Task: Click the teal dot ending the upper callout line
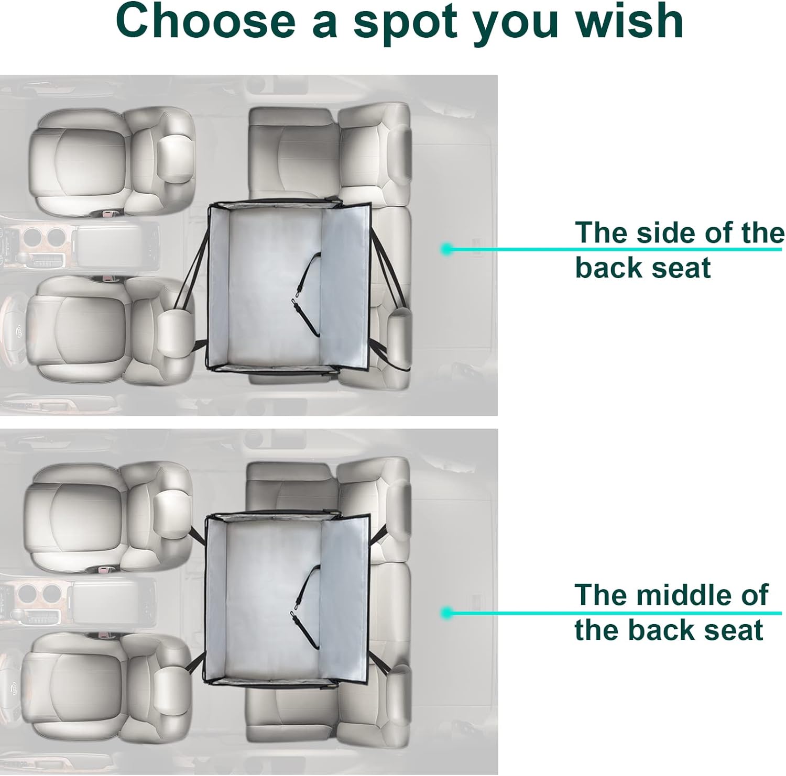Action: coord(446,249)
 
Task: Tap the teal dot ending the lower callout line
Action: coord(446,613)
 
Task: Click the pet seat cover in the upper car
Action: coord(289,286)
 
